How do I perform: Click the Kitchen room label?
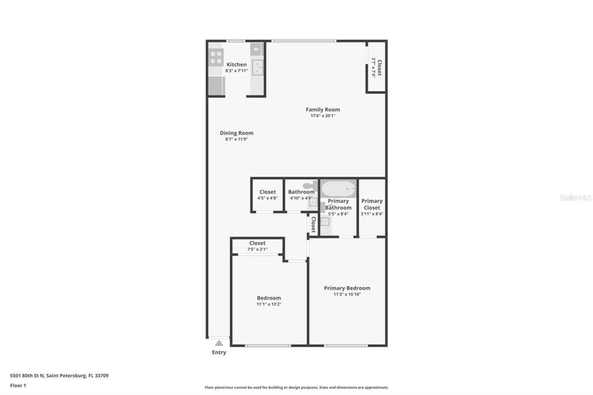[x=236, y=64]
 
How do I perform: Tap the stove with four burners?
[x=216, y=58]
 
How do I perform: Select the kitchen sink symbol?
[x=257, y=68]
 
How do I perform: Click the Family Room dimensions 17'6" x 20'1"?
[x=323, y=116]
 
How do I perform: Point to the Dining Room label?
[x=236, y=133]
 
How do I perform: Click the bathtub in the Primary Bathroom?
[x=338, y=189]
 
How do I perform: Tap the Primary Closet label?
[x=372, y=204]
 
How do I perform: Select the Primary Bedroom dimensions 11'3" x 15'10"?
[x=347, y=294]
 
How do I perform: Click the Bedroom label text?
[x=269, y=298]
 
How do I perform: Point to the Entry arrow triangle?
[x=219, y=343]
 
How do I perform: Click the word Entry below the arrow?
[x=219, y=352]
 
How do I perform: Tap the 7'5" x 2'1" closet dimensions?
[x=257, y=249]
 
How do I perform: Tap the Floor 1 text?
[x=18, y=386]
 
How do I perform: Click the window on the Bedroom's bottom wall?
[x=268, y=345]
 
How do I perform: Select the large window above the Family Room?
[x=304, y=41]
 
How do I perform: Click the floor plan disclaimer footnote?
[x=296, y=387]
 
